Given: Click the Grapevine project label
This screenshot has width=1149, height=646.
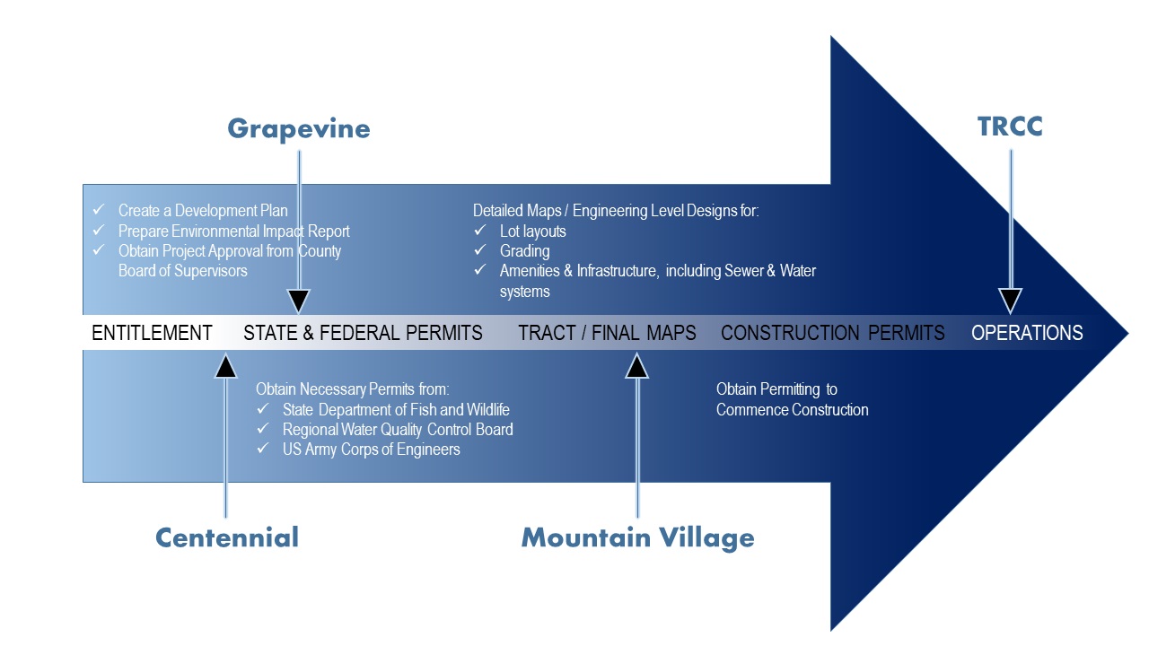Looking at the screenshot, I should coord(299,128).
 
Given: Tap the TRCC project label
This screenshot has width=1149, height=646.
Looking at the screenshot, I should coord(1010,127).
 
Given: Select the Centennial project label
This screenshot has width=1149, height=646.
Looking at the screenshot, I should coord(226,537).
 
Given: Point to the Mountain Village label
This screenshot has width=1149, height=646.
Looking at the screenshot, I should coord(637,537).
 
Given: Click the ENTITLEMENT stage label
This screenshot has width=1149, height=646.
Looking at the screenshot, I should coord(152,333).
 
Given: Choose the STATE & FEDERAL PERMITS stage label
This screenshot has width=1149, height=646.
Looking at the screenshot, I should coord(363,333).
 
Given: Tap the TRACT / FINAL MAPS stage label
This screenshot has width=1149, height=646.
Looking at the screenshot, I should coord(607,333).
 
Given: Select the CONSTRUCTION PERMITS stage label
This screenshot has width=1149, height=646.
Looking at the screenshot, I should coord(832,333).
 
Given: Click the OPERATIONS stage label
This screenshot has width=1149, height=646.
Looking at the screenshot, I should coord(1027,333).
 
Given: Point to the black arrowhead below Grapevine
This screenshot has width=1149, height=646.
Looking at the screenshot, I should coord(299,301).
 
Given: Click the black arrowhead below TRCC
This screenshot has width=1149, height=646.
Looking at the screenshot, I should coord(1011,301).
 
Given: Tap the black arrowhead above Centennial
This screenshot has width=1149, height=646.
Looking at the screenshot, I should coord(226,365).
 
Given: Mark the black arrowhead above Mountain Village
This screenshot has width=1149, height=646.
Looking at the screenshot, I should coord(637,365).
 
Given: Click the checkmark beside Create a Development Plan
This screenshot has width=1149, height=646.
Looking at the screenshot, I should coord(100,210).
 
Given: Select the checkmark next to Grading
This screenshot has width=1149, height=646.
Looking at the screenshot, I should coord(480,250).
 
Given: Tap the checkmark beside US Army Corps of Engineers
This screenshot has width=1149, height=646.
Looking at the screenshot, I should coord(263,449).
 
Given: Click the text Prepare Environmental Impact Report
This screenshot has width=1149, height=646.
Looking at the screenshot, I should coord(233,231).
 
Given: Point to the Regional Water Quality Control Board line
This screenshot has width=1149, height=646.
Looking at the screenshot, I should coord(398,429).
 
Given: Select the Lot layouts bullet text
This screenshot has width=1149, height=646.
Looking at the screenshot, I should coord(532,231).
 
